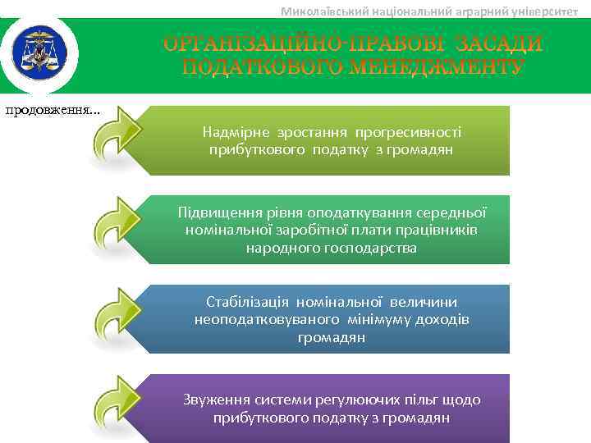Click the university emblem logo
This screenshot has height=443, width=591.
point(39,53)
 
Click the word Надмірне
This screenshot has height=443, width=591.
point(234,131)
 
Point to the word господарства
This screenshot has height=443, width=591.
point(372,247)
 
